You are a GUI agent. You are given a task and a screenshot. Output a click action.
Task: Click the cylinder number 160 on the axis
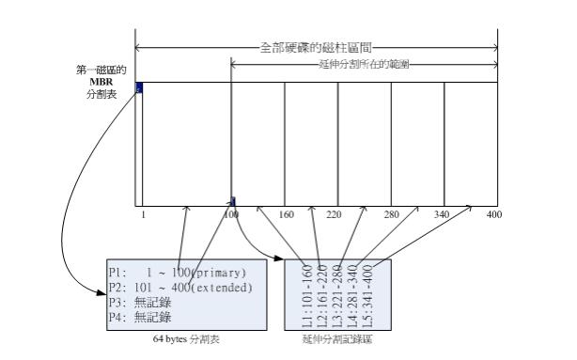288,214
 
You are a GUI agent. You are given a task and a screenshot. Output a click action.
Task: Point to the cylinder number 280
392,214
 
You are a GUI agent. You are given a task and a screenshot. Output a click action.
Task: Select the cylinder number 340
443,214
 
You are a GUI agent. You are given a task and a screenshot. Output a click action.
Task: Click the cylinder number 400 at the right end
494,214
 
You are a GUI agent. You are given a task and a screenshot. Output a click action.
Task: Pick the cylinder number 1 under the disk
143,214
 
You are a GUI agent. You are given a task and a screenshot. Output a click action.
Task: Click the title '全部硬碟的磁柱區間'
315,46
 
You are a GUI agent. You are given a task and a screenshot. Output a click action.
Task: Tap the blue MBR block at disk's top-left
139,87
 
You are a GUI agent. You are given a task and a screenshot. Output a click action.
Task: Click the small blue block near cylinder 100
233,200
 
